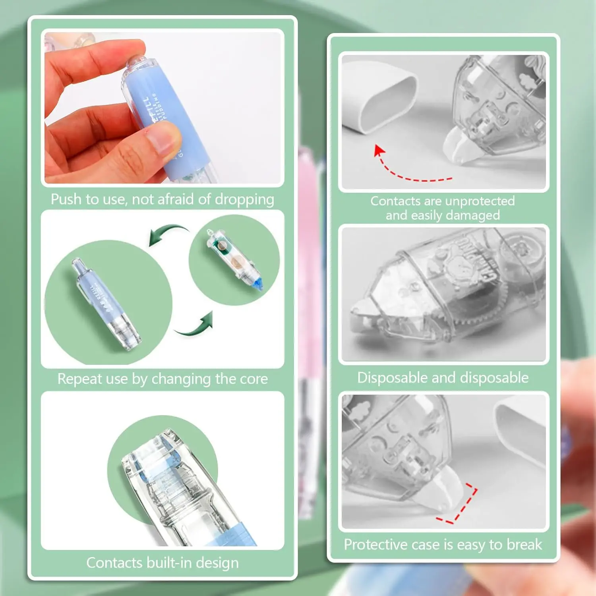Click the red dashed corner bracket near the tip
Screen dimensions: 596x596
(x=461, y=505)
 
